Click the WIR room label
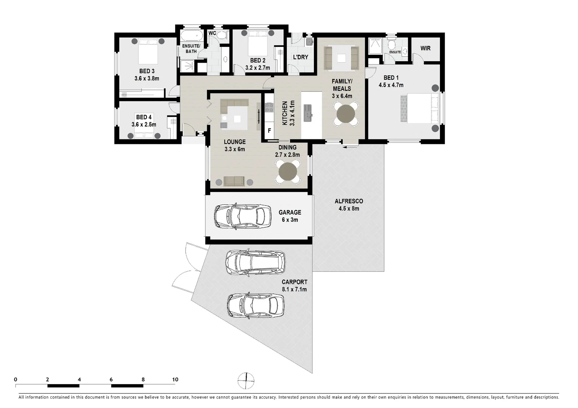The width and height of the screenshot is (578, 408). click(425, 48)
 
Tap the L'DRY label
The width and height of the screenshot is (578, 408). click(301, 57)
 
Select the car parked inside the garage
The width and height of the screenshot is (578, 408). click(242, 216)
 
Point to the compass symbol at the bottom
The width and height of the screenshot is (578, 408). click(246, 380)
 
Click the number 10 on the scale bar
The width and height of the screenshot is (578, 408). click(175, 379)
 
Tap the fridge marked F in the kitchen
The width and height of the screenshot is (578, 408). click(269, 131)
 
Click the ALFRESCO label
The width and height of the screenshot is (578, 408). click(349, 201)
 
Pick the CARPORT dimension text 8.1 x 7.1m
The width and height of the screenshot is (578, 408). click(294, 289)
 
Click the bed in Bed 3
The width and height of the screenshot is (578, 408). click(148, 51)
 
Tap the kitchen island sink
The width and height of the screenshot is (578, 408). click(308, 113)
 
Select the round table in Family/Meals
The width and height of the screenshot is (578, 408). click(346, 113)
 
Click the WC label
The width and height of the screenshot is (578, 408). click(212, 33)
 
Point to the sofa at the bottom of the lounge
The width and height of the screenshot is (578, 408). click(234, 181)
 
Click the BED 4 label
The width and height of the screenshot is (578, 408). click(144, 117)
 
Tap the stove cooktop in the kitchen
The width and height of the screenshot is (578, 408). click(269, 108)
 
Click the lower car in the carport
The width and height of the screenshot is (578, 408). click(255, 305)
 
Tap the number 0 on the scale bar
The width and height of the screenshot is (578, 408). click(16, 379)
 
